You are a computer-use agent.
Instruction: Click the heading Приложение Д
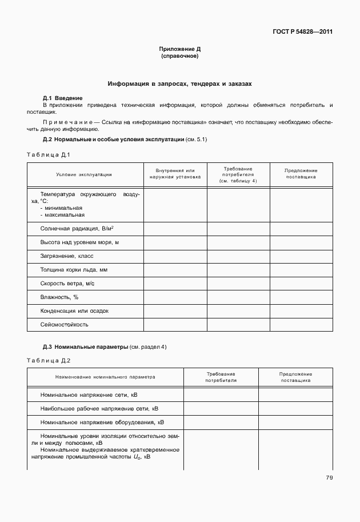click(180, 50)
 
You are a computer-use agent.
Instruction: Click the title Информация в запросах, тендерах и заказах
click(180, 83)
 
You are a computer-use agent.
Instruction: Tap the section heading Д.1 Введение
click(63, 98)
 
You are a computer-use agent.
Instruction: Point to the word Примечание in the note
click(67, 122)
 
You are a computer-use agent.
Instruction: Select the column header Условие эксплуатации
click(84, 174)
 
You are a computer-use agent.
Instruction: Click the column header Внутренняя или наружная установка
click(175, 174)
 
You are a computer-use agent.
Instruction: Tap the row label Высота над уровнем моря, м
click(79, 242)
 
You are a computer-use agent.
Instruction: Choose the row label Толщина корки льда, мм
click(74, 270)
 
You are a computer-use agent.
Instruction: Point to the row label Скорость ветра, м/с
click(67, 284)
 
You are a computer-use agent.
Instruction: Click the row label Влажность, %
click(59, 297)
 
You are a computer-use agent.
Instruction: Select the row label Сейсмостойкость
click(64, 325)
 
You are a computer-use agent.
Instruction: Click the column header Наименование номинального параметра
click(105, 377)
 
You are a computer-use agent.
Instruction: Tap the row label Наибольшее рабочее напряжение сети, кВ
click(99, 409)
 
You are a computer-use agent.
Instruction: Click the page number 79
click(329, 478)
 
